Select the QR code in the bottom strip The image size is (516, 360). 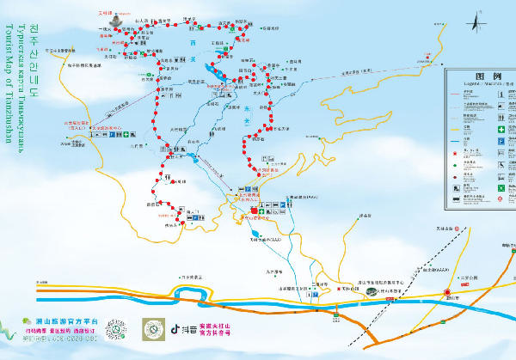tap(122, 330)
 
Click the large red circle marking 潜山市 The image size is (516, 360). tap(447, 293)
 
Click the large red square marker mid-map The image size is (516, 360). tap(254, 210)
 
